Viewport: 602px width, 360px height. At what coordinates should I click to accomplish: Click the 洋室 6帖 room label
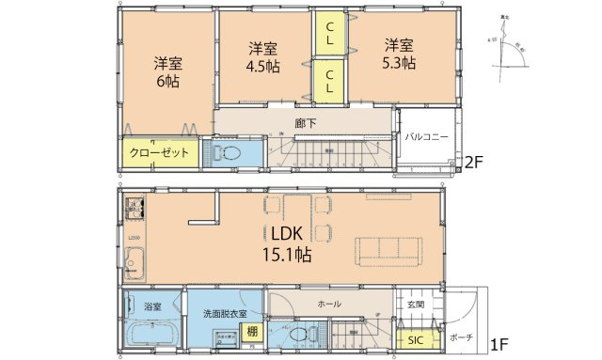(168, 72)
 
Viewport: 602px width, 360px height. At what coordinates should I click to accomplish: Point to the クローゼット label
(159, 152)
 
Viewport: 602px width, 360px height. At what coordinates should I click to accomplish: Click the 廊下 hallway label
(303, 121)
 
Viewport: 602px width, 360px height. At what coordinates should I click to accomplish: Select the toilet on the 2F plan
(230, 154)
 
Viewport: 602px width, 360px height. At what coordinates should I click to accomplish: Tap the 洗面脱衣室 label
(225, 313)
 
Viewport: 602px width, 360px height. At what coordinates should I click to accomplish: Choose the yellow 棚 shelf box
(252, 331)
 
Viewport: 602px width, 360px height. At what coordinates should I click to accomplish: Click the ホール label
(329, 305)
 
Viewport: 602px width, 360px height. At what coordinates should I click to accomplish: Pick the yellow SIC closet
(414, 340)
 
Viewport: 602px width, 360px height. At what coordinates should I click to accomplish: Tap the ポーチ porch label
(461, 337)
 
